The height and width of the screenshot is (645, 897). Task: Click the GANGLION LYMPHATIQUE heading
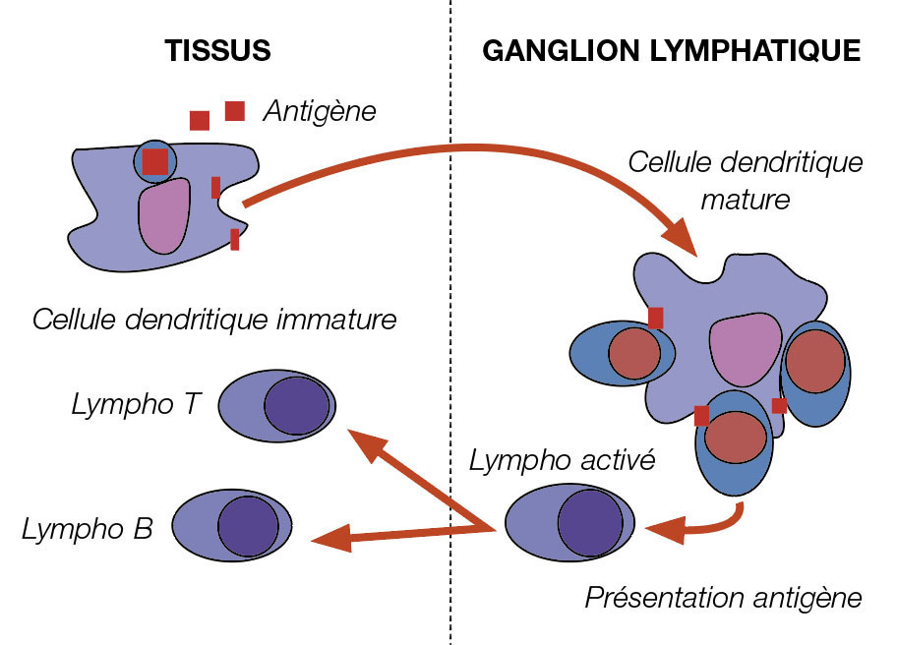(x=672, y=51)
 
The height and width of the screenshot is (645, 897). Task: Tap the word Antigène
(x=319, y=111)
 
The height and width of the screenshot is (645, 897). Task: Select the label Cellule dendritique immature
(x=214, y=321)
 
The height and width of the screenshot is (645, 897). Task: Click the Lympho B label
(x=87, y=529)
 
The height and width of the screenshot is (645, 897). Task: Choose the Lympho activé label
(x=562, y=460)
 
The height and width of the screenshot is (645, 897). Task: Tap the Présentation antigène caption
(x=723, y=598)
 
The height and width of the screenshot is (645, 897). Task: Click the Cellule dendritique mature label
(x=746, y=181)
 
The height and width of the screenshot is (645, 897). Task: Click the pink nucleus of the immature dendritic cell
(x=163, y=215)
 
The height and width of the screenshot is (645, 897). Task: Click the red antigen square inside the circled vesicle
(x=154, y=161)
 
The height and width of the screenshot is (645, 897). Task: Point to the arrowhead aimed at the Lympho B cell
(x=329, y=538)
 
